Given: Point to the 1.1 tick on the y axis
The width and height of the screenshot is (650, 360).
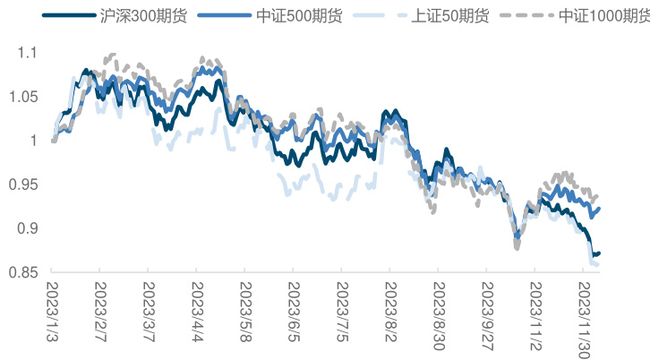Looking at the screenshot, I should [29, 53].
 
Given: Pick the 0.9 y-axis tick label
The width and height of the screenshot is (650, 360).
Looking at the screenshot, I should [29, 228].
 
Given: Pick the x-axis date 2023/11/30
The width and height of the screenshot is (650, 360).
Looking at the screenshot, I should [585, 314].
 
